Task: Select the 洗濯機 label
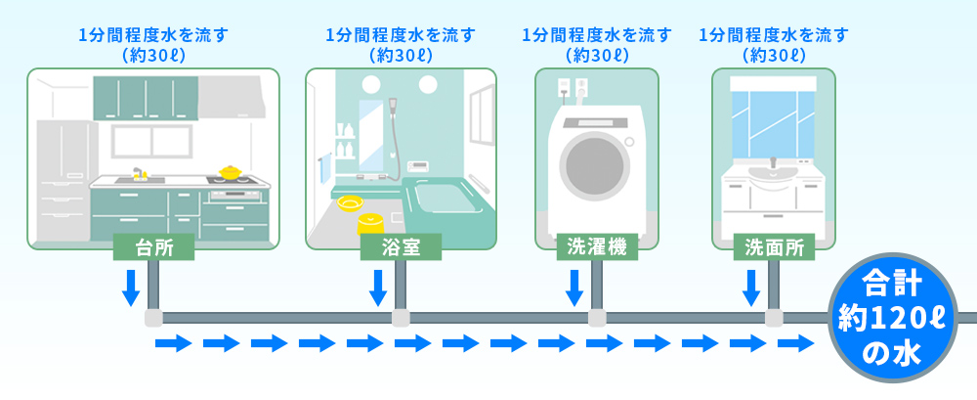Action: click(596, 247)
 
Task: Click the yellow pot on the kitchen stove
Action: click(231, 172)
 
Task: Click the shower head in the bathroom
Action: click(393, 104)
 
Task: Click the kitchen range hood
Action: click(233, 96)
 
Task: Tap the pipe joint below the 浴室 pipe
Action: click(400, 318)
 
